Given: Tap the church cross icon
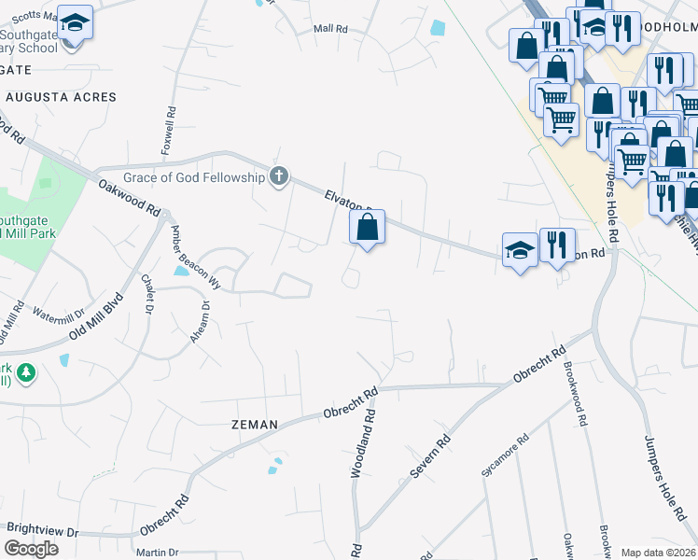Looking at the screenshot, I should [278, 175].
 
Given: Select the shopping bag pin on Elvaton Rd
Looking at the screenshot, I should [368, 226].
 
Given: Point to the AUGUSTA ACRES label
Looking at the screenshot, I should [61, 97].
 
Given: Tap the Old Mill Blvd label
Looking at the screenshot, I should [98, 319].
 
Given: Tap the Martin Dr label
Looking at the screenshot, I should [157, 553].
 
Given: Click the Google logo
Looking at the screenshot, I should [30, 549].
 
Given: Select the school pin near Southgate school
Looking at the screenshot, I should [75, 22].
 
